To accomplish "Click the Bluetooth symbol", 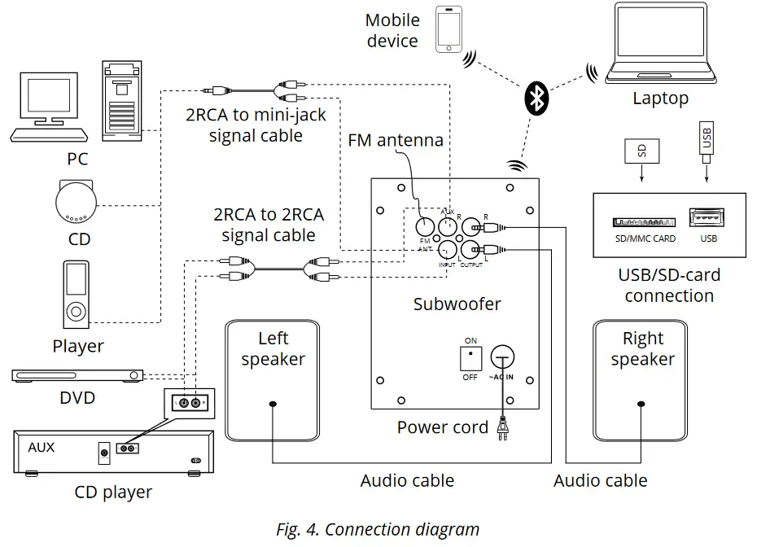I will point(536,98).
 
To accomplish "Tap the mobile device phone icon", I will point(449,30).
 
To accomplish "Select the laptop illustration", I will point(661,44).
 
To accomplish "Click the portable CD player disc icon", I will point(75,200).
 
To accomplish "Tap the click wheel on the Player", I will point(76,310).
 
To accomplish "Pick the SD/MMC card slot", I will point(645,221).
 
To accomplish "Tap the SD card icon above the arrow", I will point(641,151).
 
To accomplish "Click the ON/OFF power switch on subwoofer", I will point(471,358).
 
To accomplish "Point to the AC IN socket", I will point(503,356).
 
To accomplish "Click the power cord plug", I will point(503,429).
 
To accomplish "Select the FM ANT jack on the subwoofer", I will point(425,228).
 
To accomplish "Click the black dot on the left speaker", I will point(272,404).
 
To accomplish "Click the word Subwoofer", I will point(457,305).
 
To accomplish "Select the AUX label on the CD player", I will point(42,447).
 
